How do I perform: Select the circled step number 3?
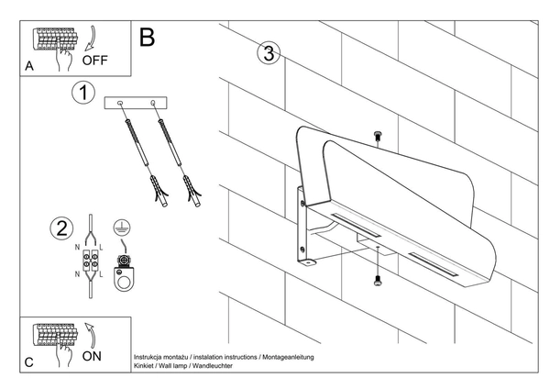[x=267, y=53]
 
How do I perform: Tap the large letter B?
[x=147, y=38]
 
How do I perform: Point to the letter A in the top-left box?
[x=30, y=66]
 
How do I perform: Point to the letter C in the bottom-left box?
[x=30, y=362]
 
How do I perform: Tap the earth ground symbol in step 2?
[x=118, y=229]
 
